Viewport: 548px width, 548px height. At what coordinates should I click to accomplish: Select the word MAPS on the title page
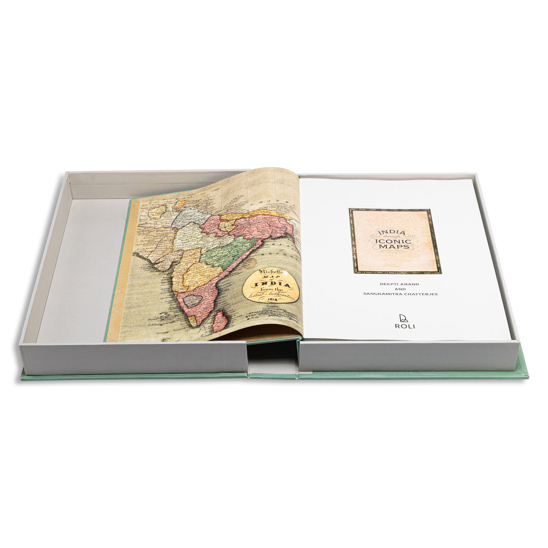click(394, 247)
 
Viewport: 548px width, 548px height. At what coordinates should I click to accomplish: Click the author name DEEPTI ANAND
click(395, 284)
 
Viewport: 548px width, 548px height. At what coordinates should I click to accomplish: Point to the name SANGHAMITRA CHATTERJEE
click(395, 294)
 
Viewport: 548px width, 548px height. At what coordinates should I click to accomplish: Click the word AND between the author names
click(395, 289)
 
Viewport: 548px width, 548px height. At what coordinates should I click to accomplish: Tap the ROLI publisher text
click(404, 326)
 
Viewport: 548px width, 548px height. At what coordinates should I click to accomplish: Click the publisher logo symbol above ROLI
click(404, 318)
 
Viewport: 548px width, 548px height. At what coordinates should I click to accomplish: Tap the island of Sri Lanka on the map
click(219, 322)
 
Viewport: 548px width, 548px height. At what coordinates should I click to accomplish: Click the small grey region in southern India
click(192, 300)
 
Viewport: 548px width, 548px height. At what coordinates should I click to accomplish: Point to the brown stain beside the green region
click(249, 263)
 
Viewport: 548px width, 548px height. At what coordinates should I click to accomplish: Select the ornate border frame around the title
click(351, 241)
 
